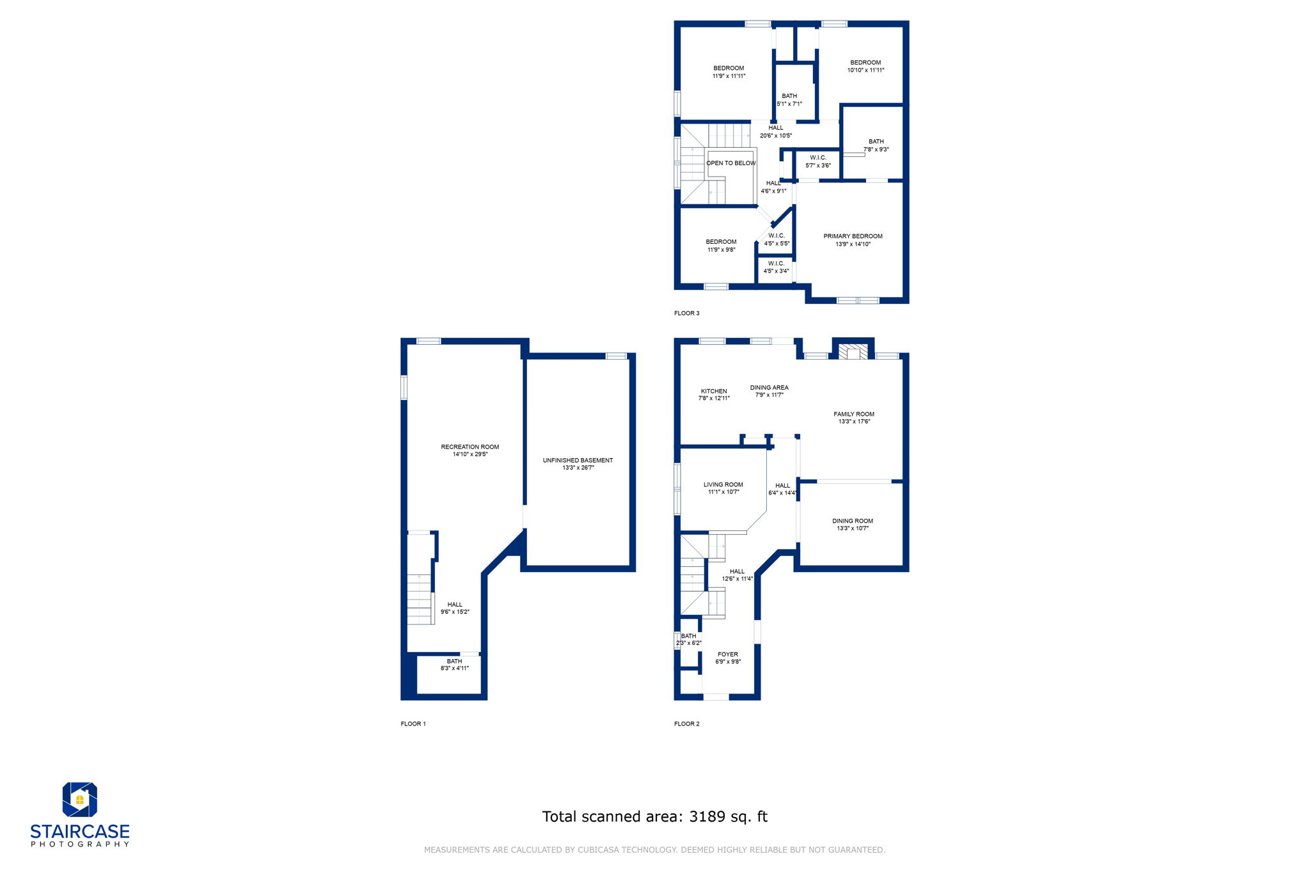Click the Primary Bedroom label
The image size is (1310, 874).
pos(853,237)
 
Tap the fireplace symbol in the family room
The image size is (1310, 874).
pos(853,352)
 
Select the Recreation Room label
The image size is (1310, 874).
pos(470,447)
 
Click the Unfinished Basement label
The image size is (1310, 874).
pos(578,461)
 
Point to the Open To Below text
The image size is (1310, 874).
pos(731,163)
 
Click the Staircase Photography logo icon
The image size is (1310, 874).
pos(79,799)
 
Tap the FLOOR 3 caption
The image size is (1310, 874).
pos(686,314)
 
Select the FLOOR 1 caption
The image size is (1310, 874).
pos(413,724)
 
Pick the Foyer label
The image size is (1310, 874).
pos(727,655)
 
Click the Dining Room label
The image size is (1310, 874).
pos(853,521)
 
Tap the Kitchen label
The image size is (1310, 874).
pos(714,392)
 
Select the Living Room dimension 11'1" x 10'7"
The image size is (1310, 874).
pos(723,493)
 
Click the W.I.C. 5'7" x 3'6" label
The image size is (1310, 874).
pos(818,162)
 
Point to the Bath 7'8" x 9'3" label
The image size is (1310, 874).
pos(876,145)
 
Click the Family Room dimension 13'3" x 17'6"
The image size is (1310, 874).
pos(854,422)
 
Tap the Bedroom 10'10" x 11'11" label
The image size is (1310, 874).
pos(865,67)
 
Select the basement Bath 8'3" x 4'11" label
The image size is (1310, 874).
pos(454,665)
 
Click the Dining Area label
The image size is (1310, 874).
pos(769,388)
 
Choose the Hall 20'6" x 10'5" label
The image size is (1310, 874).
pos(776,132)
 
